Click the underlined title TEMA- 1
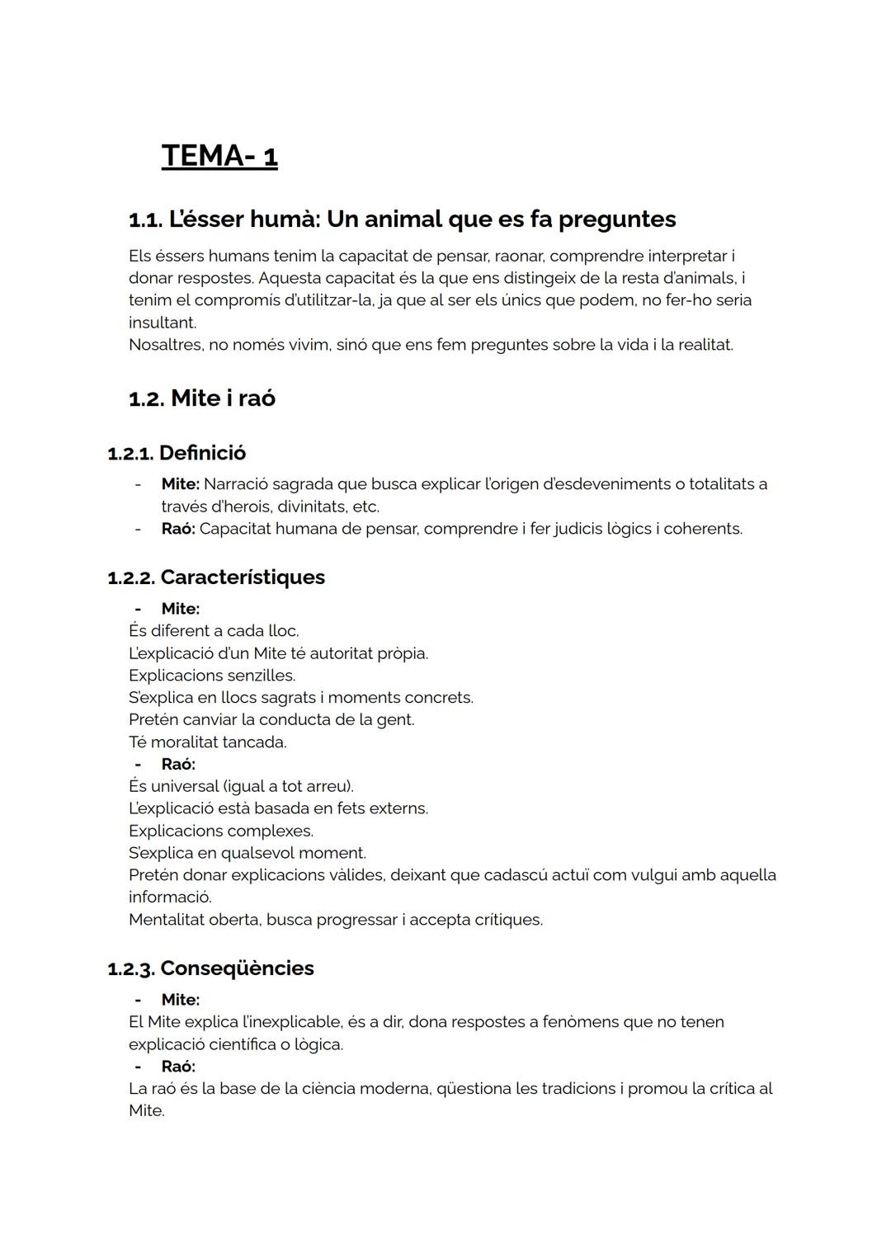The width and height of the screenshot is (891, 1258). coord(219,156)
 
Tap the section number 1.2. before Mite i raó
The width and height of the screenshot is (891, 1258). coord(146,398)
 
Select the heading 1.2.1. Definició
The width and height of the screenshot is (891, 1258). coord(177,453)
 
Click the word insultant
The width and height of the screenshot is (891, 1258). coord(162,323)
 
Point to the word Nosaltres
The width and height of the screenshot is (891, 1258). coord(165,345)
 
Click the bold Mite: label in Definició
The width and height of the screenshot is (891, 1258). coord(180,484)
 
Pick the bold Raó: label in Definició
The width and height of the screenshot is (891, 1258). coord(177,529)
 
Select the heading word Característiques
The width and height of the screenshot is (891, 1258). coord(243,577)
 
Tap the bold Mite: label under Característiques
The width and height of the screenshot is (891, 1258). coord(180,609)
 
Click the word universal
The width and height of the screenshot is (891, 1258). coord(186,786)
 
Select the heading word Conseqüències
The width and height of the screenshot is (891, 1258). coord(237,968)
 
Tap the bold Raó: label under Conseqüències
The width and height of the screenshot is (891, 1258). coord(177,1067)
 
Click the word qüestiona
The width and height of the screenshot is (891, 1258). coord(473,1089)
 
